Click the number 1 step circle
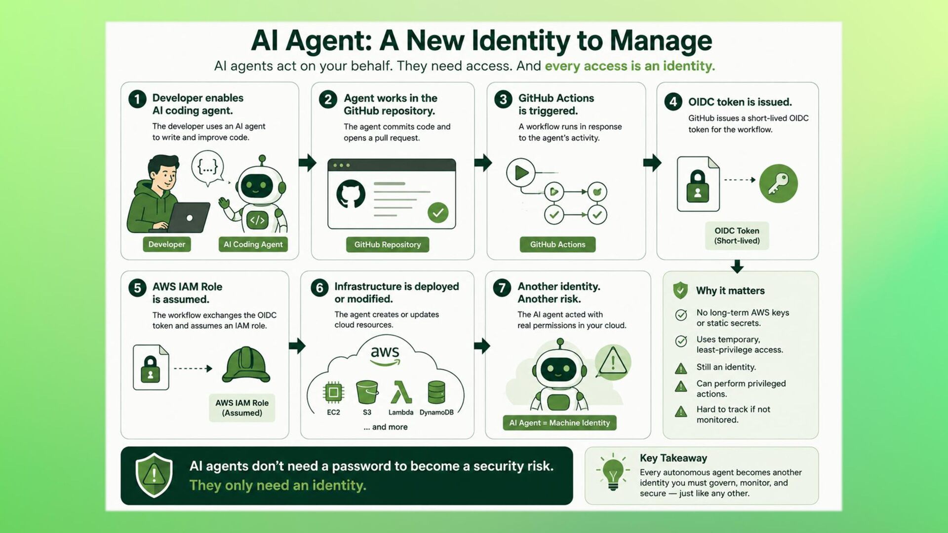[x=137, y=99]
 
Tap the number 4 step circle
[x=673, y=102]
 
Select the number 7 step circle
[x=502, y=288]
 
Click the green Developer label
[x=167, y=244]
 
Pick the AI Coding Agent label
[x=253, y=244]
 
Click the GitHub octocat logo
[x=351, y=194]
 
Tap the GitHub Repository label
[x=388, y=244]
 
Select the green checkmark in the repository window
[x=438, y=213]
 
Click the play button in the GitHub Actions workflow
[x=520, y=173]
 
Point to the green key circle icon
[x=779, y=184]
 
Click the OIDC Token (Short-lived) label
[x=737, y=235]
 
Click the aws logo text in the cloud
[x=385, y=355]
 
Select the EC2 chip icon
[x=333, y=393]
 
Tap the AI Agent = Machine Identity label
[x=559, y=423]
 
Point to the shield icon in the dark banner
[x=154, y=475]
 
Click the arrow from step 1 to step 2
[x=307, y=162]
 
